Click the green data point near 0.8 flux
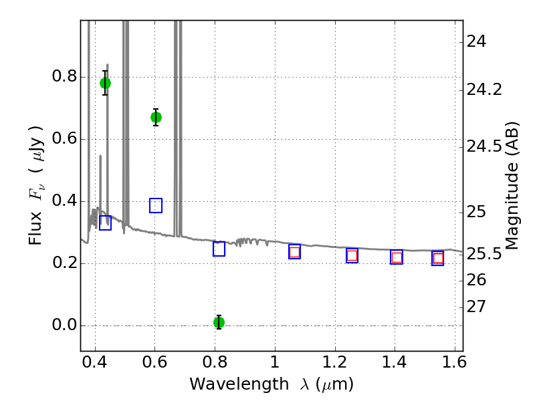[105, 83]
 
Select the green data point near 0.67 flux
[156, 117]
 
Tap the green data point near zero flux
[219, 322]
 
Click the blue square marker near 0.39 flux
[156, 205]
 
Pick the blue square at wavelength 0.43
[105, 223]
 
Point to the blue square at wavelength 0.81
[219, 249]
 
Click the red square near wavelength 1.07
[294, 252]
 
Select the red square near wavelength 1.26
[352, 255]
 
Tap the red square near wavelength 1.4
[397, 257]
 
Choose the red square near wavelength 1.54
[438, 259]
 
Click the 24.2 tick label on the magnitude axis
[484, 89]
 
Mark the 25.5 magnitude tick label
[484, 254]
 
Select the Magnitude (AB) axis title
[512, 185]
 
